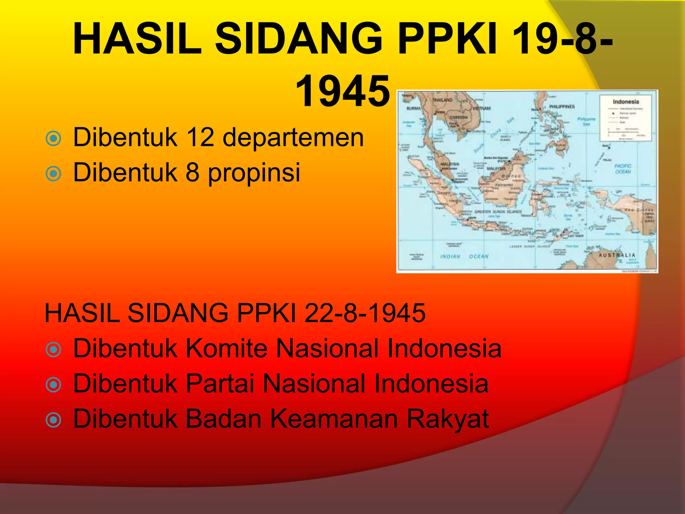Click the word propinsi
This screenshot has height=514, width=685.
[254, 172]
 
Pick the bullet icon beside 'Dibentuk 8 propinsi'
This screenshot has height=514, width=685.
[53, 174]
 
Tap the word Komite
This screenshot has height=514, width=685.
[226, 348]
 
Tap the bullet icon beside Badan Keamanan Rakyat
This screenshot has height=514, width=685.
[53, 420]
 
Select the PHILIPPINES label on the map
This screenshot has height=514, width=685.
[562, 106]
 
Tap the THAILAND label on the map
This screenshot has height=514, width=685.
[442, 100]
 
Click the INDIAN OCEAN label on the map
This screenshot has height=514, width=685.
[464, 256]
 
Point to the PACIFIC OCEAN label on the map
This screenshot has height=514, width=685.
[623, 169]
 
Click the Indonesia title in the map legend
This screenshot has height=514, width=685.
[626, 102]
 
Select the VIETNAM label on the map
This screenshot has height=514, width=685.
[482, 108]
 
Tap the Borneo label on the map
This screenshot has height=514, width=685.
[511, 176]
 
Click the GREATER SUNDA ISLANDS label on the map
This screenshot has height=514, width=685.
[498, 212]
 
